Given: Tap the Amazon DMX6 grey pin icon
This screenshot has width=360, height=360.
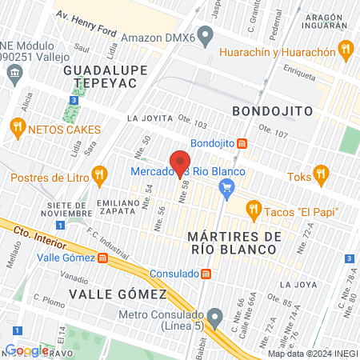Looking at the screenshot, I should pos(206,35).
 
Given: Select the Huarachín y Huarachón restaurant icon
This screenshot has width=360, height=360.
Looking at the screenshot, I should pos(346,50).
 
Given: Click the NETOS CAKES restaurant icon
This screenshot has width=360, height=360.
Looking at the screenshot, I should pos(16,128).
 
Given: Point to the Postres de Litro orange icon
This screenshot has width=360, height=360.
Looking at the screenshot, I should pos(99,173).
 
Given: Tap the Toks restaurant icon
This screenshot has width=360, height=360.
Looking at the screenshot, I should pos(321,173).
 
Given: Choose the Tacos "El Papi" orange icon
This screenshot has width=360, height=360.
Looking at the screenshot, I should pos(254,210).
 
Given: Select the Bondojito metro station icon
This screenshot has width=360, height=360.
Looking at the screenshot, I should pos(242,144).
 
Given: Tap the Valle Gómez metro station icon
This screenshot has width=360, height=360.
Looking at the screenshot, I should pos(103,258).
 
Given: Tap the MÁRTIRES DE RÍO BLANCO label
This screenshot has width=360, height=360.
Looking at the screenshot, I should pos(234,243).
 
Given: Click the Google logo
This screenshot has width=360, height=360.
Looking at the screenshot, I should pos(26,350).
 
